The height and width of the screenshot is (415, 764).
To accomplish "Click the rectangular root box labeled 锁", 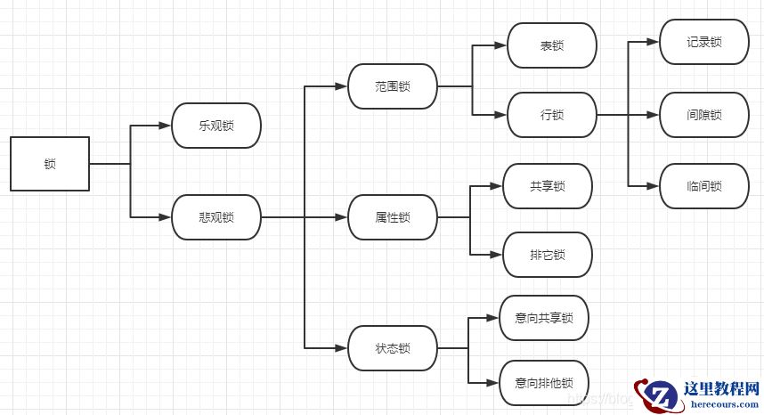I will (x=50, y=164).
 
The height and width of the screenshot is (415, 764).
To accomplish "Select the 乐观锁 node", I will (x=216, y=126).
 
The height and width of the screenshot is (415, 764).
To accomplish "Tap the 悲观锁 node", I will (x=216, y=217).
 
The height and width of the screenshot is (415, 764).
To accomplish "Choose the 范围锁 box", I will (x=393, y=86).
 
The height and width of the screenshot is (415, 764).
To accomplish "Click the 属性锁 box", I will (x=393, y=217).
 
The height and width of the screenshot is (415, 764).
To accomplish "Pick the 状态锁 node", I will (x=393, y=348).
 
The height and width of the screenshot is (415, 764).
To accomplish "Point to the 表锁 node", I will (x=552, y=45).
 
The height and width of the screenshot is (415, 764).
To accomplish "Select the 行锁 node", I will (x=552, y=115).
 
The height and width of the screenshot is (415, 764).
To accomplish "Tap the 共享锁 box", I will (x=548, y=186).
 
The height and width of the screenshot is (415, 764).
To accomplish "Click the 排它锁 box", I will (x=548, y=256).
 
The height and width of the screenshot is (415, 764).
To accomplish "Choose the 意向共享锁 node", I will (x=544, y=318).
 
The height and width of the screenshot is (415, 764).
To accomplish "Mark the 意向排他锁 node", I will (x=544, y=383).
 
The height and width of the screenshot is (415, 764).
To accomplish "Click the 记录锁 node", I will (x=704, y=42).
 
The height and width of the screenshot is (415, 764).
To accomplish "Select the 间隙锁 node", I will (x=704, y=115).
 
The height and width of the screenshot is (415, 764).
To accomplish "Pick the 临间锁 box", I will (x=704, y=186).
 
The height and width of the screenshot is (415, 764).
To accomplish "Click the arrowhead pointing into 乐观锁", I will (x=166, y=126).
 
